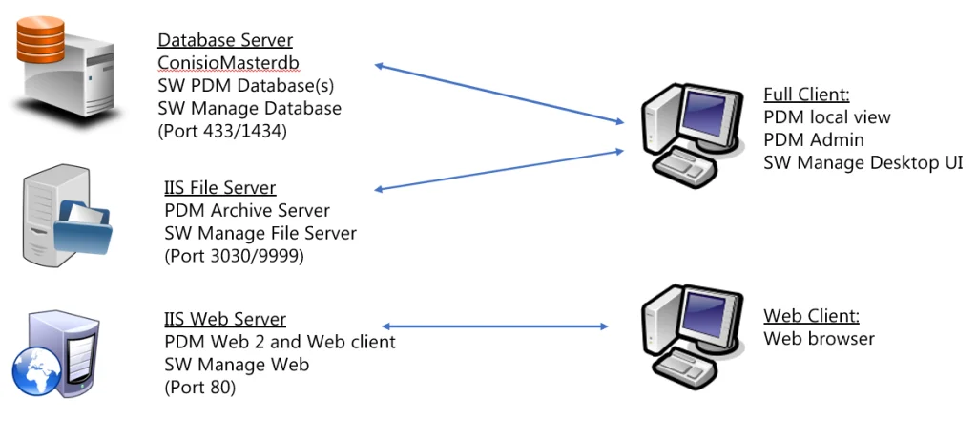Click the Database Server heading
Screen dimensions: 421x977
(225, 40)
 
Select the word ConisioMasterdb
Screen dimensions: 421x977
(230, 63)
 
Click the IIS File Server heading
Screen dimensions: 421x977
(220, 187)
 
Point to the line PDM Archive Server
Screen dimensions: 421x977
(247, 210)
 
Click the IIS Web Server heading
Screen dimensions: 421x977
(225, 319)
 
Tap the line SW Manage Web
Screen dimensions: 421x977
(237, 365)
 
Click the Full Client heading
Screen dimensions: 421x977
(806, 95)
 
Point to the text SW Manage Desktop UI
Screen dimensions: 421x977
(863, 163)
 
